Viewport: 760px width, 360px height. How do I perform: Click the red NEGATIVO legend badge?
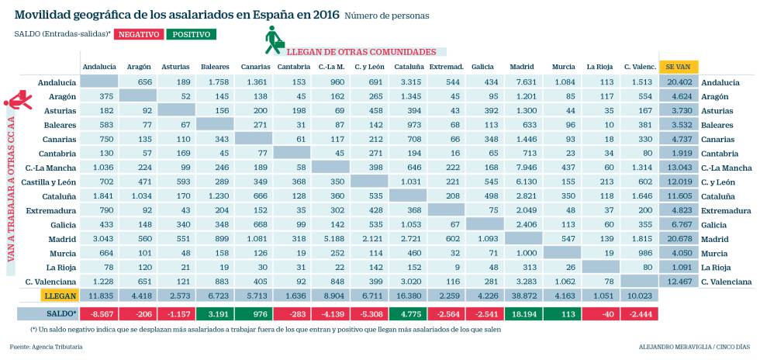[138, 33]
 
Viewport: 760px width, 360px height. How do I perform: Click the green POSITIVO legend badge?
[191, 33]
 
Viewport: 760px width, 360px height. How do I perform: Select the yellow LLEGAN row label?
[60, 296]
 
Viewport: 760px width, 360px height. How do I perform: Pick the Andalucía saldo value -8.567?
[98, 313]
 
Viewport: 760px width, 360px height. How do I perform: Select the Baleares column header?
[215, 67]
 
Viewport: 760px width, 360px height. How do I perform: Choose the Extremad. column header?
[445, 67]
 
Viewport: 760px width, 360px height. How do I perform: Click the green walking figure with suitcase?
[274, 40]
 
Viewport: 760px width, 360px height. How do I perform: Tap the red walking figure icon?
[18, 101]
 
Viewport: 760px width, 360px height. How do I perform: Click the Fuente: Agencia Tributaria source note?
[46, 347]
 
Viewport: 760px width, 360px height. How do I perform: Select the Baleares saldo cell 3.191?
[215, 313]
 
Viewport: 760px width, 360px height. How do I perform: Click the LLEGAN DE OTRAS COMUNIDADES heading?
[361, 52]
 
